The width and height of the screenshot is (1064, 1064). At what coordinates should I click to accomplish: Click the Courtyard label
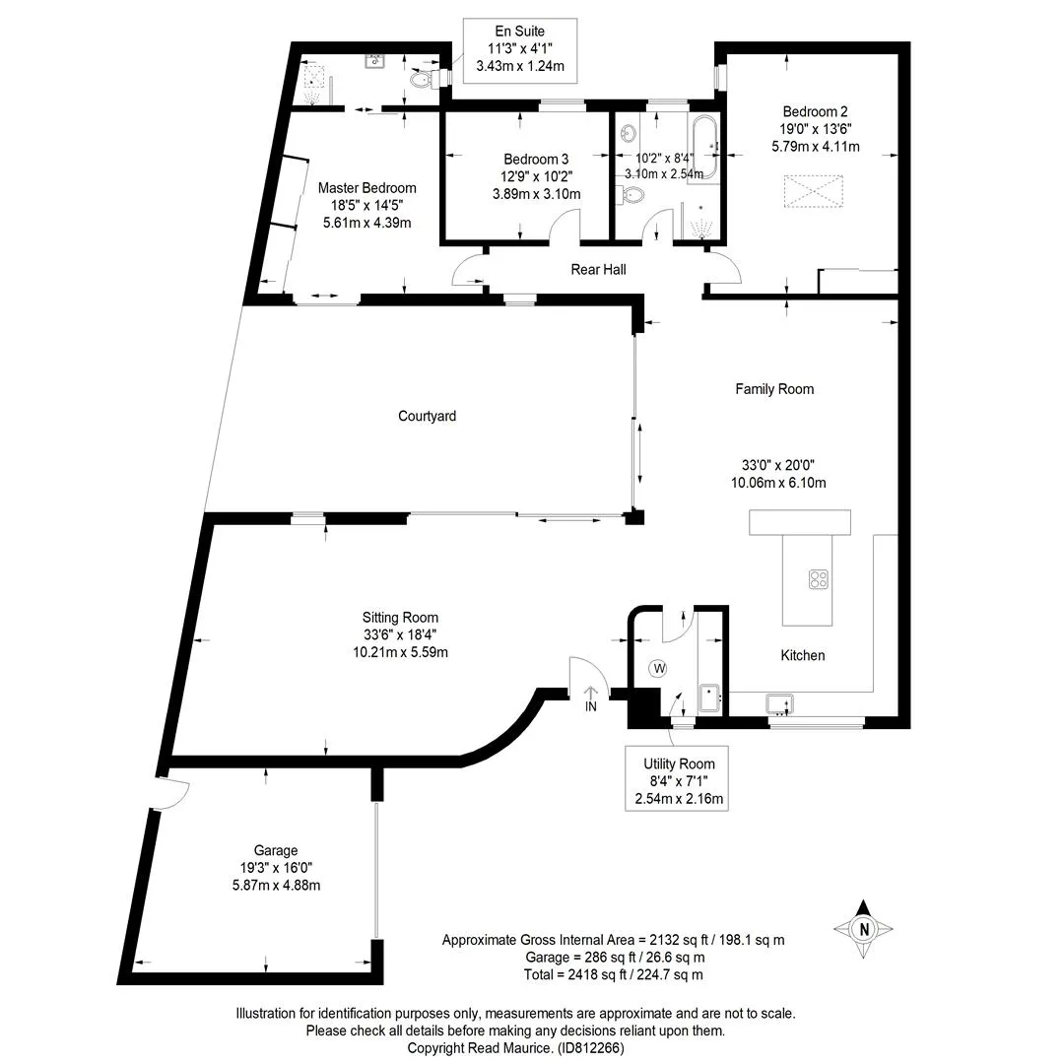coord(427,416)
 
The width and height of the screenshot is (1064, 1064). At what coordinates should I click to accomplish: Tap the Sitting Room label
coord(400,618)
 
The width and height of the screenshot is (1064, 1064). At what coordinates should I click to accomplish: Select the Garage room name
coord(276,850)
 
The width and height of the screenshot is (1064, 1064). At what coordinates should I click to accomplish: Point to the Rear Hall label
coord(599,269)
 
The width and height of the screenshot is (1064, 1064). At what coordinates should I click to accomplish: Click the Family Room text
coord(774,389)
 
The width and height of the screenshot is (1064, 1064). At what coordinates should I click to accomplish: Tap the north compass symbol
coord(863,928)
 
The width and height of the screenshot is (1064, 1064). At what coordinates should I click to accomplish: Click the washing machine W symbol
coord(658,668)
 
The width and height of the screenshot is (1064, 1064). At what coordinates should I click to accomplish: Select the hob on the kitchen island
coord(819,579)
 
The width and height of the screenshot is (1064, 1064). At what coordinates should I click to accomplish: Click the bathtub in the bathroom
coord(704,147)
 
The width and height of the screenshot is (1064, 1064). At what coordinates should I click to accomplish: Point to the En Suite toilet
coord(424,80)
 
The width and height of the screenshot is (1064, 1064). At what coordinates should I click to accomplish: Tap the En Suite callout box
coord(520,51)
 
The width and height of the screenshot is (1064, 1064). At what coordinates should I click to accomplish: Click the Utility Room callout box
coord(677,778)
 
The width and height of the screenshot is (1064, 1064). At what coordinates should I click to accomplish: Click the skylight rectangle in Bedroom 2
coord(814,191)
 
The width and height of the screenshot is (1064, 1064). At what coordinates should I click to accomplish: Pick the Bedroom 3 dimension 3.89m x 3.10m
coord(537,194)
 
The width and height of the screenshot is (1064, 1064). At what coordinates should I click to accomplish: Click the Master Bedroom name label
coord(367,188)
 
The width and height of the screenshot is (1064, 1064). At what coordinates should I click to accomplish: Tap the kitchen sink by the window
coord(779,704)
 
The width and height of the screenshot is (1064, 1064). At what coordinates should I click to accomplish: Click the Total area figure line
coord(614,974)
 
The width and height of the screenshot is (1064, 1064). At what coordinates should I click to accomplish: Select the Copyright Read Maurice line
coord(515,1047)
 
